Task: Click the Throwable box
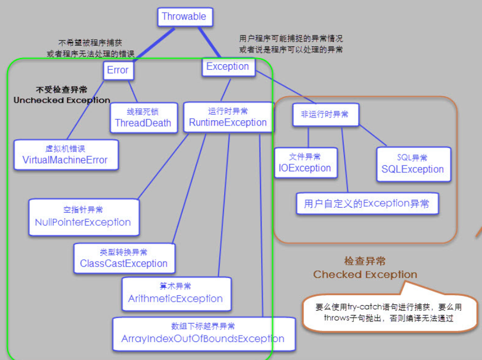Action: pos(185,17)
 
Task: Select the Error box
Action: pos(119,70)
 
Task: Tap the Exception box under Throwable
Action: pos(228,67)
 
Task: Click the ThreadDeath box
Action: pos(144,117)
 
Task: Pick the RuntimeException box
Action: pos(228,117)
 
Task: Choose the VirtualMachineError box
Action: pos(66,155)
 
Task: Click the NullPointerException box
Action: pos(84,217)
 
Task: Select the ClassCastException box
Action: pos(124,258)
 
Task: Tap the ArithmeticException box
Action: pos(176,294)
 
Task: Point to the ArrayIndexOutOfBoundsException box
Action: pos(204,334)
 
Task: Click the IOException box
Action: pos(306,163)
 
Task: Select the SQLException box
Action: pos(413,164)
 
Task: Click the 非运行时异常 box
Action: pos(325,115)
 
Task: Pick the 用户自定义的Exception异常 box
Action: pos(367,203)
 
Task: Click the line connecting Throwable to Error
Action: pos(154,45)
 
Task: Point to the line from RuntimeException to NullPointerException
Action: pos(163,166)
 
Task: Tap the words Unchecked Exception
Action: pos(62,100)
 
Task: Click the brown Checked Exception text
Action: pos(365,274)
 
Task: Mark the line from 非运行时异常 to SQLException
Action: pos(373,135)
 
